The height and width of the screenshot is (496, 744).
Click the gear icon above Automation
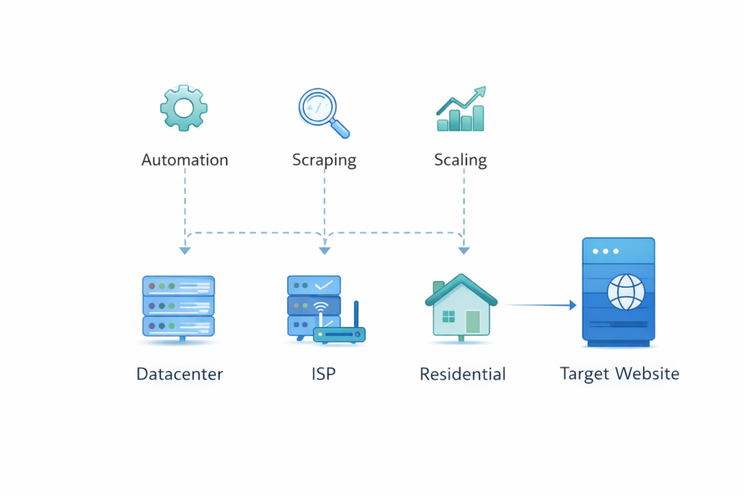pyautogui.click(x=184, y=108)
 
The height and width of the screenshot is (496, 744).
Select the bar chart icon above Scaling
pyautogui.click(x=461, y=111)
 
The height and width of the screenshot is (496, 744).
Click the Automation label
pyautogui.click(x=185, y=160)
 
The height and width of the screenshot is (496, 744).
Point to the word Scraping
pyautogui.click(x=324, y=160)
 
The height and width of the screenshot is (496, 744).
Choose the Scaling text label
pyautogui.click(x=461, y=160)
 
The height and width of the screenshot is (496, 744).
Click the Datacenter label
pyautogui.click(x=179, y=374)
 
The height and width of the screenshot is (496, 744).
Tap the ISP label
pyautogui.click(x=323, y=374)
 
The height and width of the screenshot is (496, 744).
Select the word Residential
pyautogui.click(x=463, y=374)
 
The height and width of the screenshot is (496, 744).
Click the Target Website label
pyautogui.click(x=620, y=374)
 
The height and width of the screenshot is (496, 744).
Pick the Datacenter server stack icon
pyautogui.click(x=178, y=305)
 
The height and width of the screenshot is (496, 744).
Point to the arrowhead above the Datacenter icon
pyautogui.click(x=185, y=251)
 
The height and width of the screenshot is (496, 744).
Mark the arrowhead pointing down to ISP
pyautogui.click(x=324, y=251)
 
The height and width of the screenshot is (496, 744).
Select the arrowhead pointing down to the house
pyautogui.click(x=464, y=251)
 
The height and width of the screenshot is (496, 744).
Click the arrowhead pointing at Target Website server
pyautogui.click(x=573, y=306)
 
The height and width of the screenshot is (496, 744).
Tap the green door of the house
pyautogui.click(x=473, y=321)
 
